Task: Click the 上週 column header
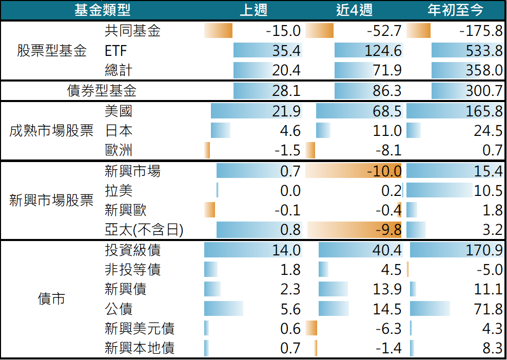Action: tap(254, 10)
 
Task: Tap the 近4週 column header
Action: tap(355, 10)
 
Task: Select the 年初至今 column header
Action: tap(455, 10)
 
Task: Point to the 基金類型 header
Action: tap(103, 10)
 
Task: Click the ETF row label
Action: tap(116, 51)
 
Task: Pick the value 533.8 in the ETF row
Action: tap(484, 51)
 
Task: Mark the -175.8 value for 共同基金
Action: tap(481, 31)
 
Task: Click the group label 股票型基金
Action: tap(52, 51)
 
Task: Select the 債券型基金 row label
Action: tap(102, 91)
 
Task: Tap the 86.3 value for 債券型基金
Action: tap(387, 91)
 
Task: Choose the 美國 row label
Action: tap(119, 111)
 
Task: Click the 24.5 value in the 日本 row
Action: tap(488, 131)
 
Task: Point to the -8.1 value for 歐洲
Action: tap(388, 150)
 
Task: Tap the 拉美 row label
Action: tap(119, 190)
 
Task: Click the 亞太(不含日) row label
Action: tap(144, 230)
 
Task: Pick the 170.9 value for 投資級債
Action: tap(484, 250)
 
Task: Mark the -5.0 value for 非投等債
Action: tap(490, 270)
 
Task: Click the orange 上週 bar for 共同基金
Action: tap(218, 31)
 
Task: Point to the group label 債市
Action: tap(51, 298)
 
